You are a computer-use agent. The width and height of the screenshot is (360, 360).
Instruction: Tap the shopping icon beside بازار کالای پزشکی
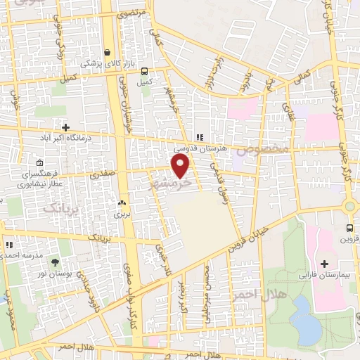pyautogui.click(x=106, y=52)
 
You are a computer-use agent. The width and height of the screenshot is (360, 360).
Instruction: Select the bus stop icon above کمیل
pyautogui.click(x=144, y=71)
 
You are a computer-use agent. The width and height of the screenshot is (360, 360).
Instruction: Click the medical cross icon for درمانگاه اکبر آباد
pyautogui.click(x=65, y=128)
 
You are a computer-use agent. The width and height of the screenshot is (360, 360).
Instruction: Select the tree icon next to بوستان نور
pyautogui.click(x=56, y=262)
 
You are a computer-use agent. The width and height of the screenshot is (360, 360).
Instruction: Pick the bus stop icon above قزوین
pyautogui.click(x=349, y=228)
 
